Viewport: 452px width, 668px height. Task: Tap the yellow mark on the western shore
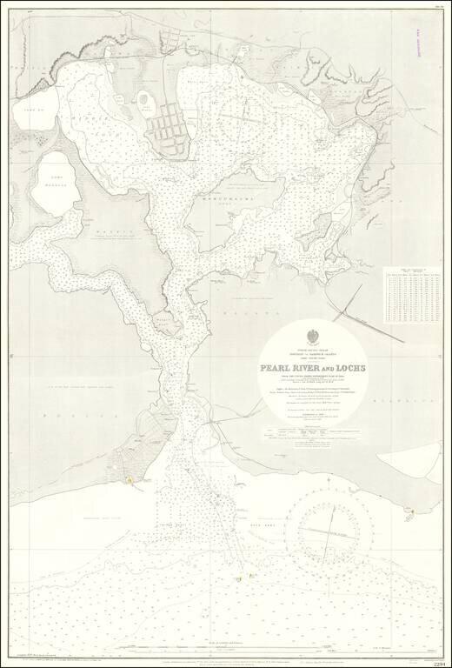129,476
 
